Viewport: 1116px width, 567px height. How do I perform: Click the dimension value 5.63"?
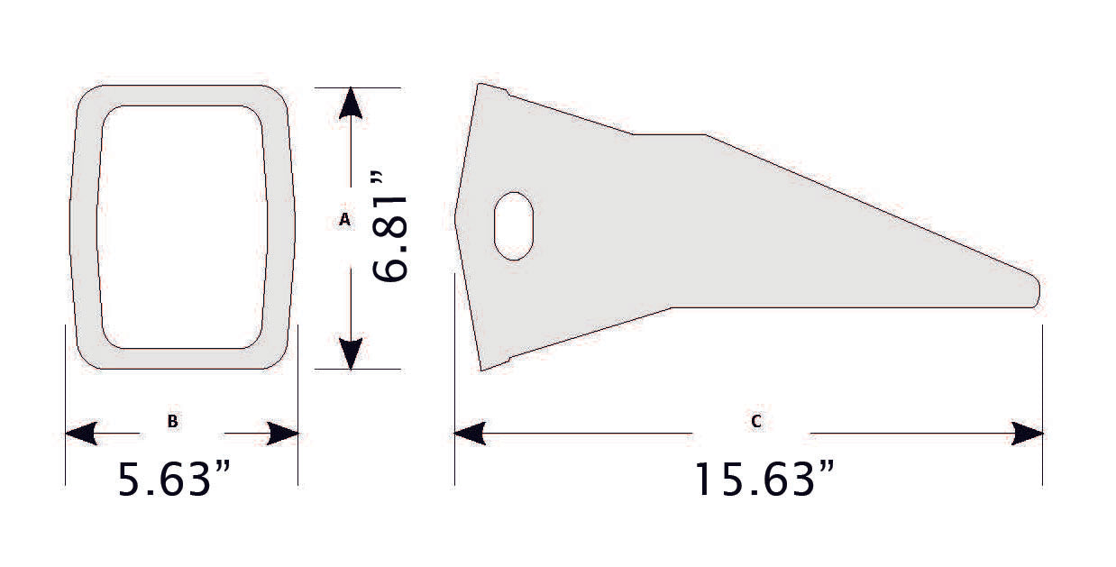coord(178,480)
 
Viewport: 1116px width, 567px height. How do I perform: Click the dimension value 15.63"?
coord(763,480)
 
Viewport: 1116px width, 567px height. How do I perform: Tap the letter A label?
coord(343,219)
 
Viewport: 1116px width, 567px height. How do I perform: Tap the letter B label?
coord(171,421)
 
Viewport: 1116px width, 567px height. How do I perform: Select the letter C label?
coord(755,421)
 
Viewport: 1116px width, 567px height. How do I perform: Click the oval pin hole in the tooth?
coord(514,225)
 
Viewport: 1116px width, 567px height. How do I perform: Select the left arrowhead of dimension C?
coord(470,434)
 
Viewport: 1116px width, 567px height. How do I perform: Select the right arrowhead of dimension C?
coord(1028,434)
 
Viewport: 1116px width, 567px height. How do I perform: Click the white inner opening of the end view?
coord(182,225)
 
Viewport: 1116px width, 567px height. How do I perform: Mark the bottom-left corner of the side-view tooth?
coord(482,369)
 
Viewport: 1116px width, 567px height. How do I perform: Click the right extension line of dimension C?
coord(1043,406)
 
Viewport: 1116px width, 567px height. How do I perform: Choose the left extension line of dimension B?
coord(65,406)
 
